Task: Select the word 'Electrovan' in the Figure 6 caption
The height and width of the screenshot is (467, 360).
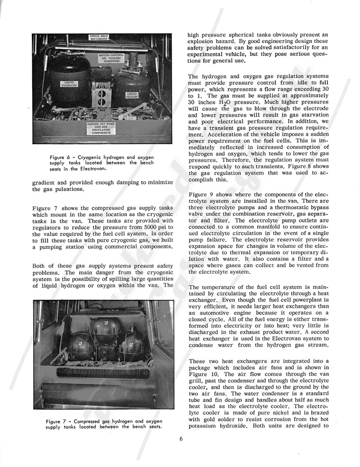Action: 110,168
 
